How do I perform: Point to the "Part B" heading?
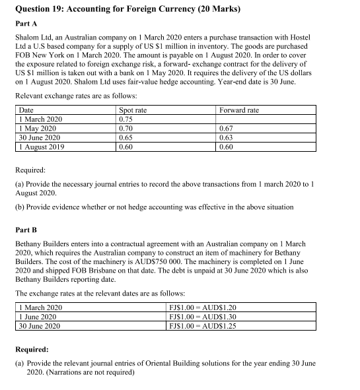click(x=24, y=230)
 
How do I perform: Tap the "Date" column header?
click(x=26, y=110)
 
